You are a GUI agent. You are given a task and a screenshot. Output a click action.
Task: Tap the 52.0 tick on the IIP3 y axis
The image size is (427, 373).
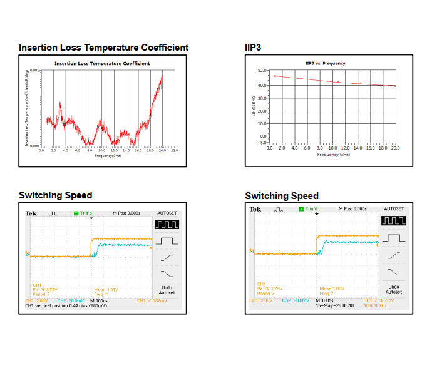262,71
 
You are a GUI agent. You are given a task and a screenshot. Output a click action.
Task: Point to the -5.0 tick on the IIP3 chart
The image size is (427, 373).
262,142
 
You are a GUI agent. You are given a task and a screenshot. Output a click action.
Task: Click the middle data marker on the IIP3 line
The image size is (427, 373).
338,82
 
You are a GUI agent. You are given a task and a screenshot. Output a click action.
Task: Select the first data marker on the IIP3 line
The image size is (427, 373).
275,76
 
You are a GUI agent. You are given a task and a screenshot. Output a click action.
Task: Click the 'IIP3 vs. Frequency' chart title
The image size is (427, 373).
325,63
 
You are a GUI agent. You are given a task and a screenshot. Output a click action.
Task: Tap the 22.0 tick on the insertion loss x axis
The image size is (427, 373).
174,150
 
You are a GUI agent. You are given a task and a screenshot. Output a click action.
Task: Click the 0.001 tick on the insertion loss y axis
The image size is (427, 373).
34,71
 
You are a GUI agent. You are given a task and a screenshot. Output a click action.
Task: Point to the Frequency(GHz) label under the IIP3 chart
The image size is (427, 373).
333,154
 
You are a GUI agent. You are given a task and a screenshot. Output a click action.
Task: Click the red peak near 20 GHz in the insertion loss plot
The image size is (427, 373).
162,77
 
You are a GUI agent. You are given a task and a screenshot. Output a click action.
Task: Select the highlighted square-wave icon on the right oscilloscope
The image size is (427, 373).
394,221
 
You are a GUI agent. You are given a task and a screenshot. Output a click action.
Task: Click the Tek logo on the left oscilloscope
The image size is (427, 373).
31,213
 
